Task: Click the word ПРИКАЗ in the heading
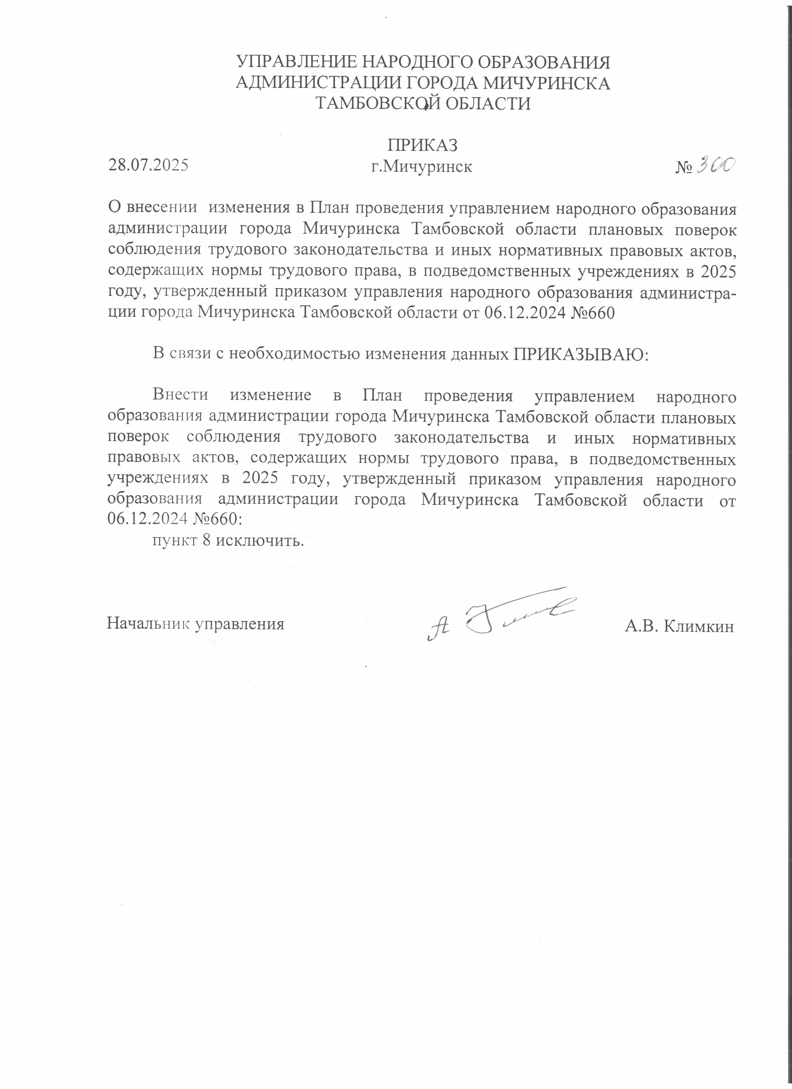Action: pos(422,145)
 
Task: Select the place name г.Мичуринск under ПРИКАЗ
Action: pos(422,167)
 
